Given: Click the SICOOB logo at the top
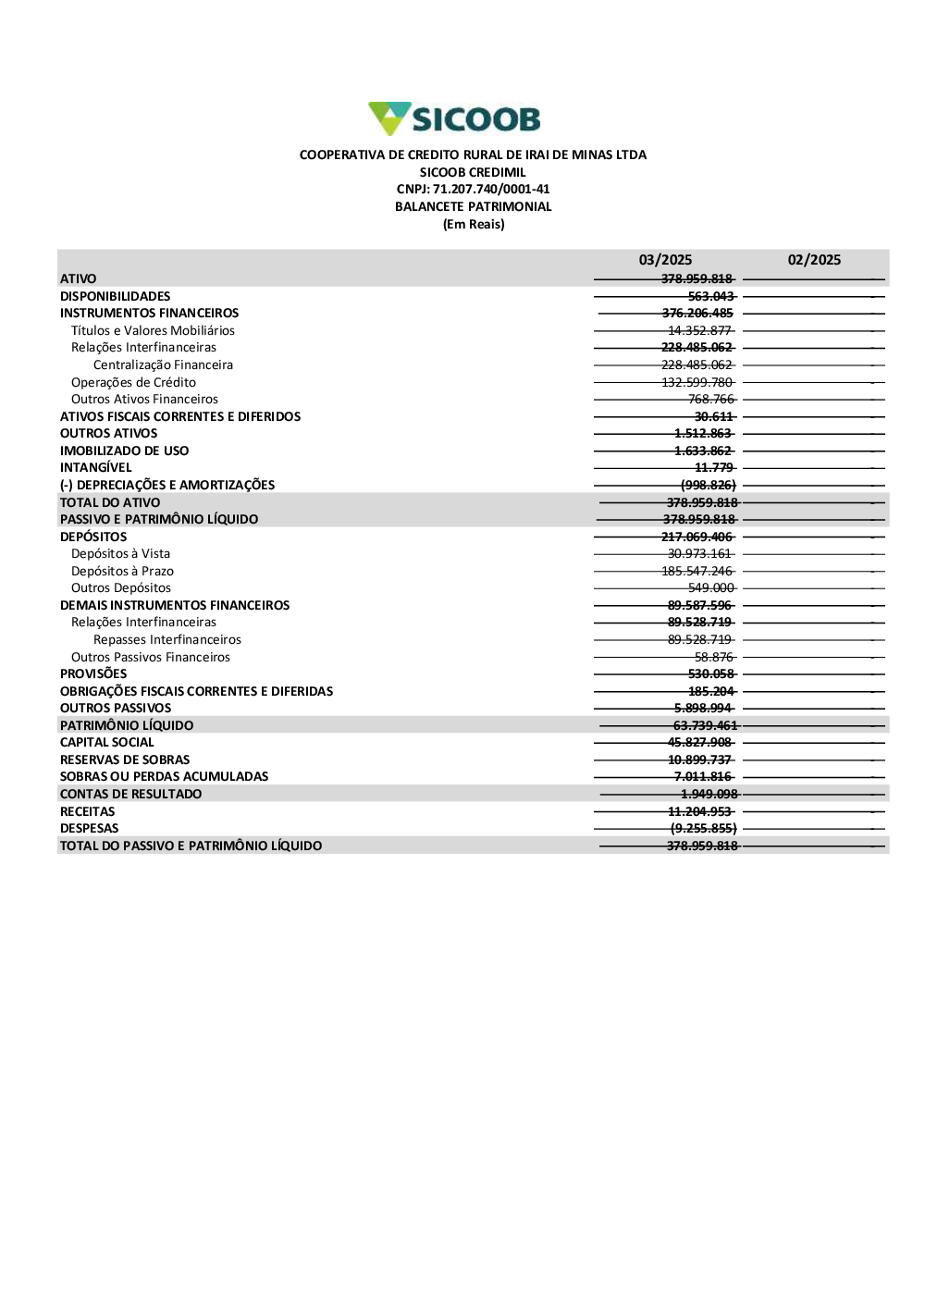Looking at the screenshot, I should coord(454,118).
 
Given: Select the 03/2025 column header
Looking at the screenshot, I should coord(665,260).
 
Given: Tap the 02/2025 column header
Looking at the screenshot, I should coord(814,260).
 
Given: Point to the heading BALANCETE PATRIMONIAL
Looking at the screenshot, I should coord(473,206).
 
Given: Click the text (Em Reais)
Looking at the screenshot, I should coord(474,224).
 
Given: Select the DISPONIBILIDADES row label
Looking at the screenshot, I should coord(115,296).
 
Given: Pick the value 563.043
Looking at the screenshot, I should coord(710,296).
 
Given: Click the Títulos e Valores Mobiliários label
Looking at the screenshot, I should coord(153,330).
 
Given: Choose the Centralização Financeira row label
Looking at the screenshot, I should coord(163,364).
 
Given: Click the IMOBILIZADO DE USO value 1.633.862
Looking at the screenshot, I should coord(703,451).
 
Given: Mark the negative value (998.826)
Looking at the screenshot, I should coord(709,485).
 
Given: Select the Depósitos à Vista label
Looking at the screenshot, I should coord(120,553).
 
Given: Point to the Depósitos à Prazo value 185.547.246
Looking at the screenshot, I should coord(697,571).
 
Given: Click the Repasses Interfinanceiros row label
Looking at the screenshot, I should coord(166,639).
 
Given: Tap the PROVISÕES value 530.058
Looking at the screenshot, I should coord(710,673).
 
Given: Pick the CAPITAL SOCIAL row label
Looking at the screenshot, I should coord(106,742).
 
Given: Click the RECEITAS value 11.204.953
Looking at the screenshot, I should coord(699,811).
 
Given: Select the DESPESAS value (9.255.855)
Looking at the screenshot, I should coord(703,828).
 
